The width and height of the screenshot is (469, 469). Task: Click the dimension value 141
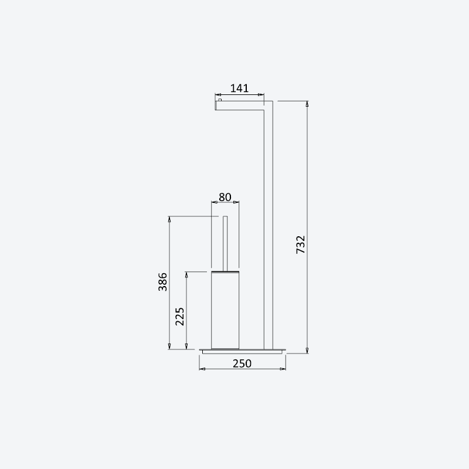[239, 89]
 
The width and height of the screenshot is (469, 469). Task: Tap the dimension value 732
[301, 244]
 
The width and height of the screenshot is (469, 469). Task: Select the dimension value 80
[225, 197]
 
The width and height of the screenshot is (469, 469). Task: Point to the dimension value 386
[163, 281]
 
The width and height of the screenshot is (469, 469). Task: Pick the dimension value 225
[180, 317]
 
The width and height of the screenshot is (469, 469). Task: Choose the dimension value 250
[242, 363]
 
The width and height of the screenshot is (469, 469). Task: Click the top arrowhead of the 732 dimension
[307, 104]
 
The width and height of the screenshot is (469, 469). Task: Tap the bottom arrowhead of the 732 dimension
[307, 350]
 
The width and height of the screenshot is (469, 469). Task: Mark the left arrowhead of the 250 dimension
[202, 369]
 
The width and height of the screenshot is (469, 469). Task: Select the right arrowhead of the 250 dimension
[283, 369]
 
